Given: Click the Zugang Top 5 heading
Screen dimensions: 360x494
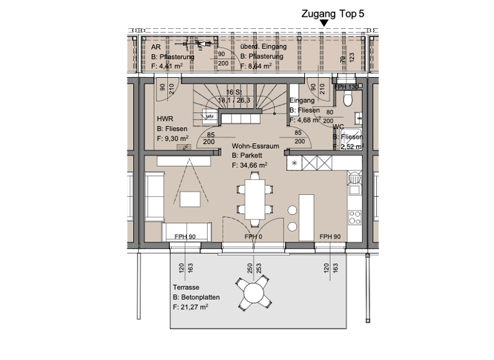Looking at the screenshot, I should coord(333,12).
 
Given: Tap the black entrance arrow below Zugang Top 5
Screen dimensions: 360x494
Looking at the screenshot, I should coord(324,24).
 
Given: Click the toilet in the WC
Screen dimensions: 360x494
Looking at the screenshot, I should coord(348,98).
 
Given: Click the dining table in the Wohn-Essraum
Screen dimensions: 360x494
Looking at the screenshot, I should coord(252,199).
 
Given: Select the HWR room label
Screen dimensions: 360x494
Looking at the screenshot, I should coord(165,119).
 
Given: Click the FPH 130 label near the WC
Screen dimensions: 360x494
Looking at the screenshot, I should coord(347,86).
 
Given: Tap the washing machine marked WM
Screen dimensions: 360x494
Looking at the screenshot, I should coord(209,116).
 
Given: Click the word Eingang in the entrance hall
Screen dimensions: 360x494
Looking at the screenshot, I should coord(302,101).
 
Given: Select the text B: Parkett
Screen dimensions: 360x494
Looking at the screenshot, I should coord(245,156).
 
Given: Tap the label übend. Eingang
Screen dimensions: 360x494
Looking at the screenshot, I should coord(262,47).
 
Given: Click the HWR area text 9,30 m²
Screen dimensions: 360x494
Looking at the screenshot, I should coord(172,138).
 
